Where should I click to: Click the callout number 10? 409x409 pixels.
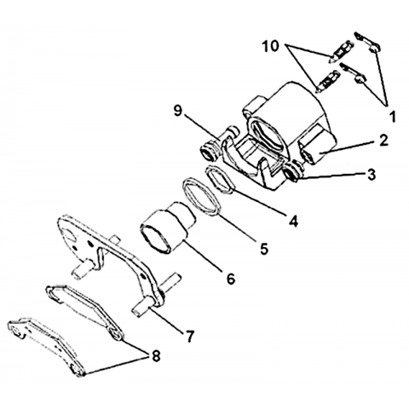(x=271, y=46)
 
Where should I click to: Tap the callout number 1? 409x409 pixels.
(x=392, y=117)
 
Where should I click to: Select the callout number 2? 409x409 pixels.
(x=383, y=141)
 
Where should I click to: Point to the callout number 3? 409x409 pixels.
(x=371, y=175)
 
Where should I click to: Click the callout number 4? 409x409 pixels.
(x=294, y=221)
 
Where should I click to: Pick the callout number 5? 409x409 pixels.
(x=264, y=249)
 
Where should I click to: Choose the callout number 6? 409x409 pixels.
(x=231, y=279)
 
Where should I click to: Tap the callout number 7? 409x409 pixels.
(x=189, y=336)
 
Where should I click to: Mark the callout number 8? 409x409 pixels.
(x=156, y=355)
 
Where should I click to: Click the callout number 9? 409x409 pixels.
(x=177, y=111)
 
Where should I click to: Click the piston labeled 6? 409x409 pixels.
(x=168, y=228)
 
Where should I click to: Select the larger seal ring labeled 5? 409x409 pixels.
(x=202, y=197)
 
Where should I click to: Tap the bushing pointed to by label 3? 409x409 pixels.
(x=292, y=172)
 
